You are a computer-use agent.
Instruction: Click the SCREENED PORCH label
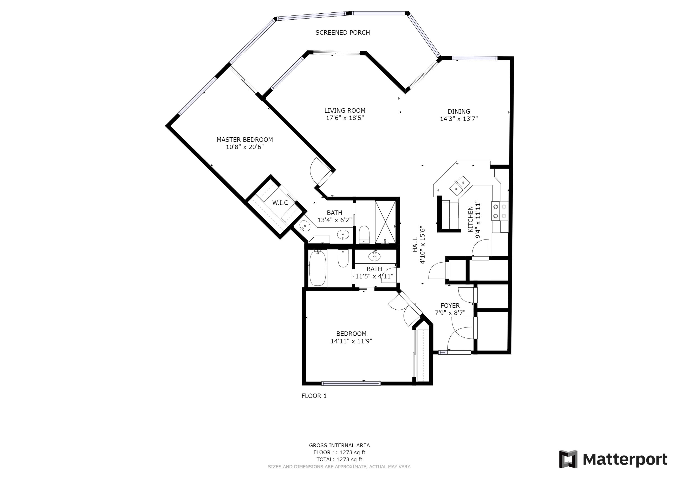click(x=342, y=33)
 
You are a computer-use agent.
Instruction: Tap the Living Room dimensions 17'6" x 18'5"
click(x=344, y=118)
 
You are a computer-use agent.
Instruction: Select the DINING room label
click(x=459, y=112)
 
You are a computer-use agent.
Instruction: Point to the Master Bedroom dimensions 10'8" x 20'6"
click(x=245, y=147)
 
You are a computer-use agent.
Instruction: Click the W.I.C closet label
click(x=280, y=203)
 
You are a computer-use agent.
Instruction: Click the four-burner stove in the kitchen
click(x=500, y=211)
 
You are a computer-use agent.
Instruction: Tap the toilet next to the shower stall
click(x=364, y=234)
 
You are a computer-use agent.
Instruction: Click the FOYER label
click(x=450, y=306)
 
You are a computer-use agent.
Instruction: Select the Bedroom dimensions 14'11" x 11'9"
click(x=351, y=341)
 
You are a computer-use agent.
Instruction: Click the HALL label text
click(x=415, y=245)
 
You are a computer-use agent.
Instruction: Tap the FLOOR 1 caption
click(x=314, y=396)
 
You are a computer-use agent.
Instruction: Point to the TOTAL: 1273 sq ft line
click(x=339, y=459)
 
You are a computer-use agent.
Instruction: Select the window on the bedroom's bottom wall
click(x=351, y=384)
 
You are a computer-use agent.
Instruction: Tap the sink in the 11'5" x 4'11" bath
click(x=374, y=256)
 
